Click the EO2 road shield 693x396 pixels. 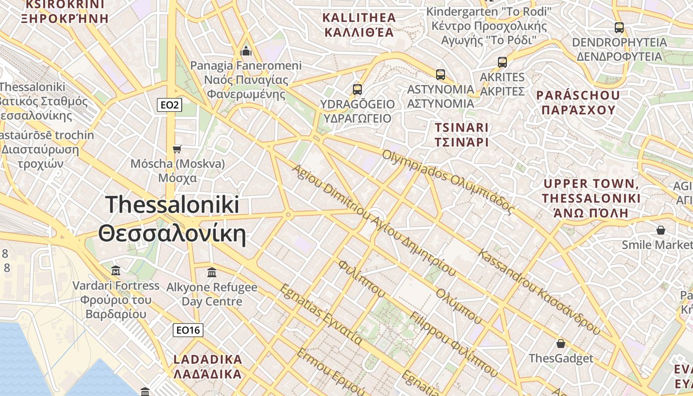[169, 105]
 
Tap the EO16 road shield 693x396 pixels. [188, 330]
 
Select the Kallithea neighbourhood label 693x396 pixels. [359, 25]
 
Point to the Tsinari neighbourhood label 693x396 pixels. [461, 135]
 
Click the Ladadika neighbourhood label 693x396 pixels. [208, 366]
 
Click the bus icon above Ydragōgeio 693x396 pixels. [357, 90]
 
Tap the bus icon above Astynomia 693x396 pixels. [441, 75]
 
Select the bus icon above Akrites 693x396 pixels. [502, 62]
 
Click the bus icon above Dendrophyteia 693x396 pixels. [619, 28]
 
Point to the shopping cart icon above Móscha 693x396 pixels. [177, 149]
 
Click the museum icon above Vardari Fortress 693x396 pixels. [116, 270]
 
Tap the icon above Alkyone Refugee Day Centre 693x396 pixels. [212, 272]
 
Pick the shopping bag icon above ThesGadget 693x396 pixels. [561, 344]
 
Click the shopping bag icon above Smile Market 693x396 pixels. [660, 230]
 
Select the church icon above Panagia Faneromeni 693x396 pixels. [246, 51]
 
